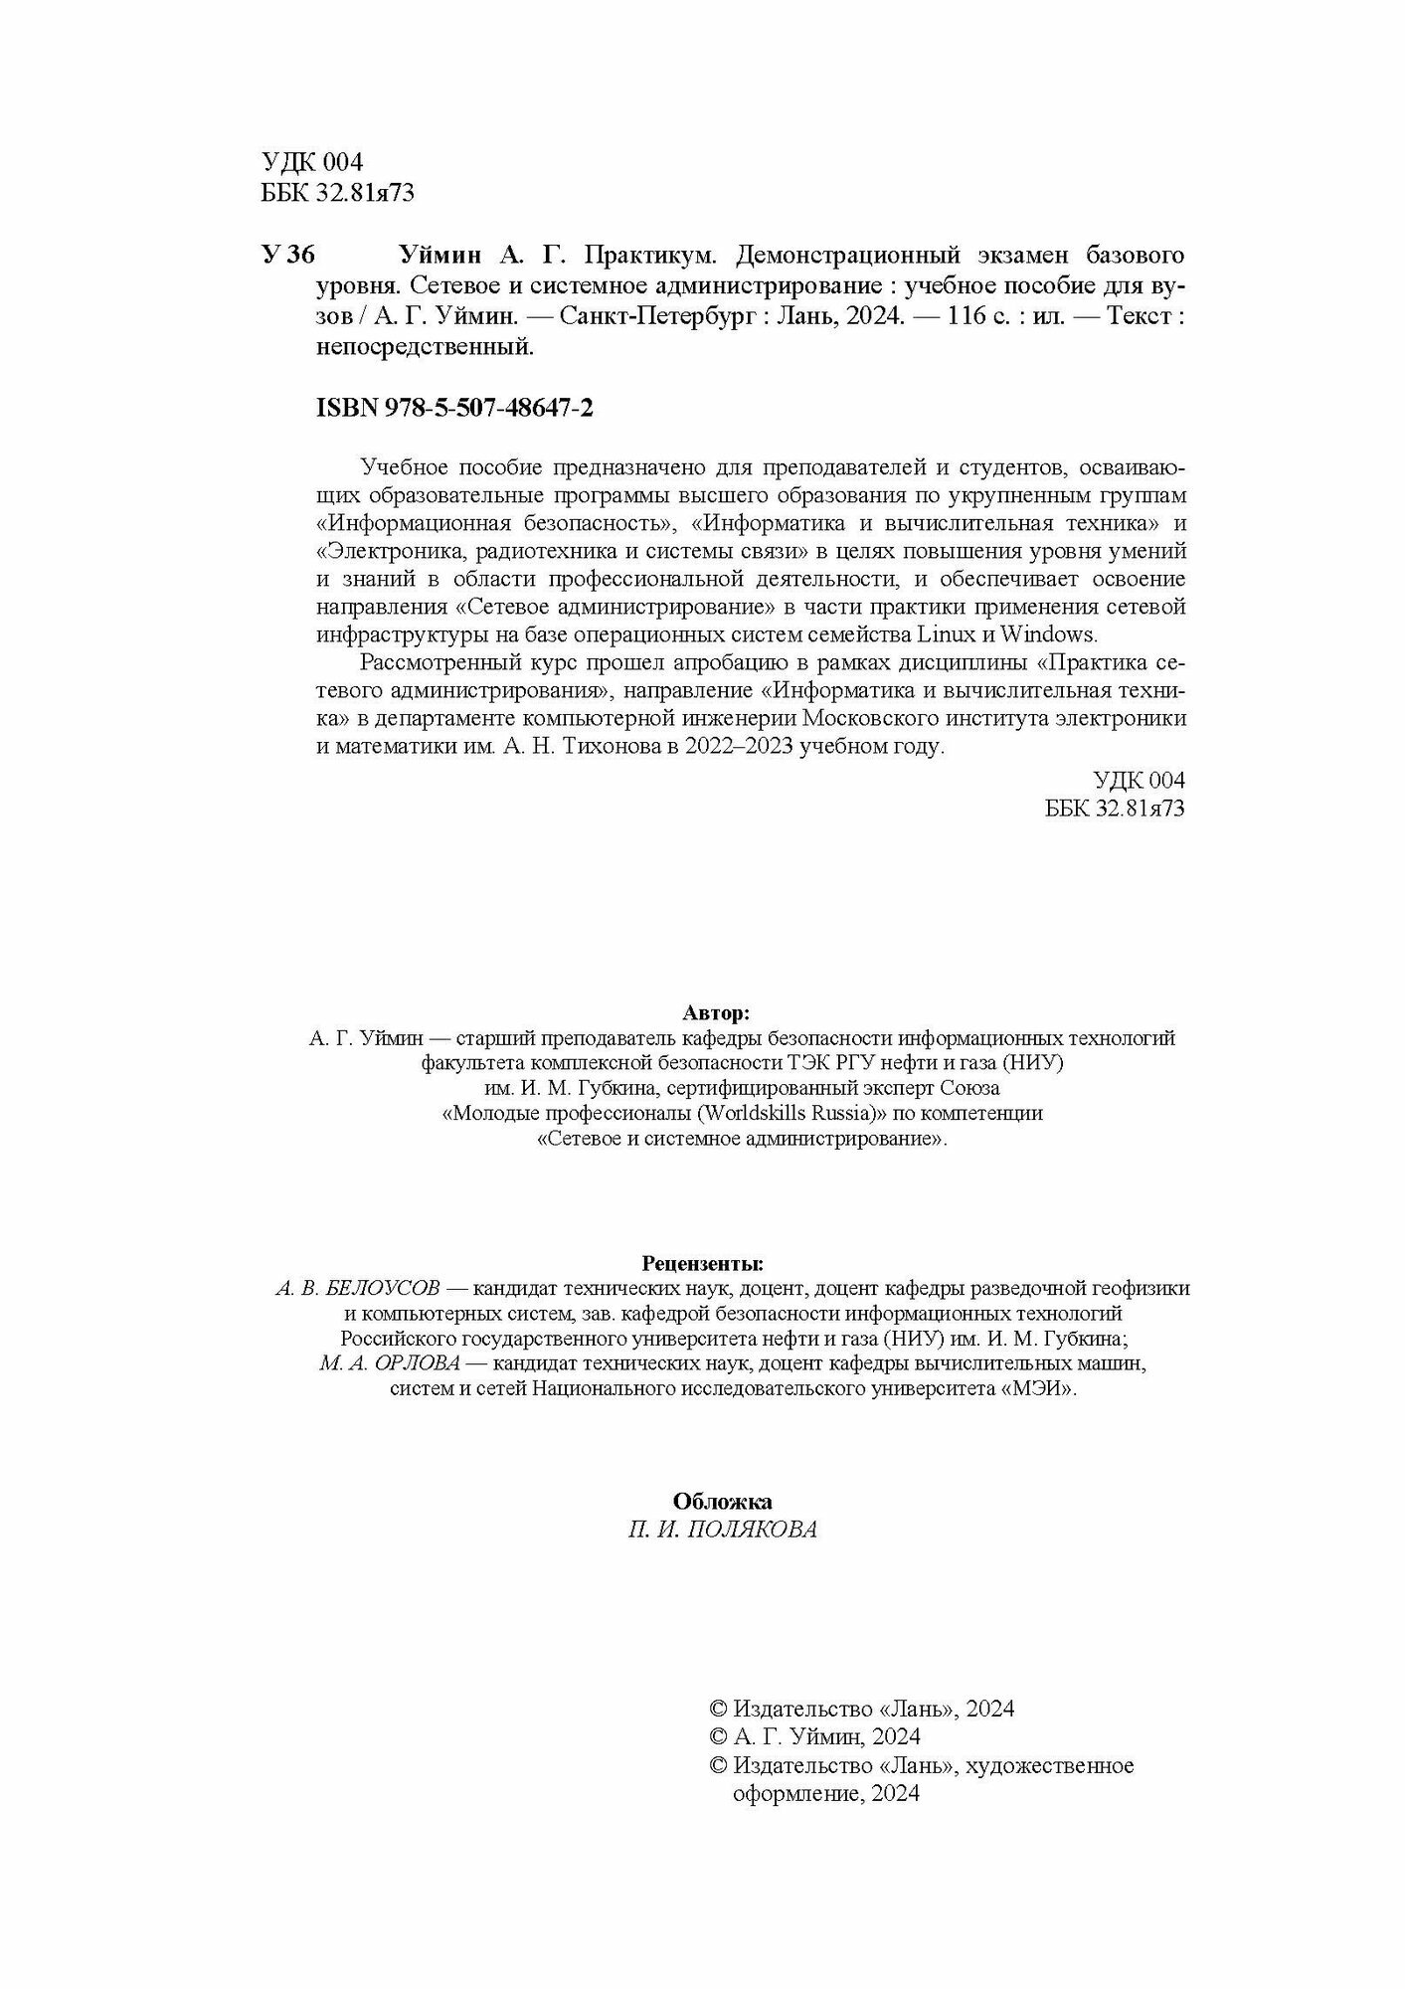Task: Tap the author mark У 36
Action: [287, 256]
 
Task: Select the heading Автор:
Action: [717, 1012]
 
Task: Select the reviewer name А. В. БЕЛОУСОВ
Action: [357, 1289]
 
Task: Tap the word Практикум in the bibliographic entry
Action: [649, 256]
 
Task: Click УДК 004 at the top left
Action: [313, 162]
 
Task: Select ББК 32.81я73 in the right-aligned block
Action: [1115, 809]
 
